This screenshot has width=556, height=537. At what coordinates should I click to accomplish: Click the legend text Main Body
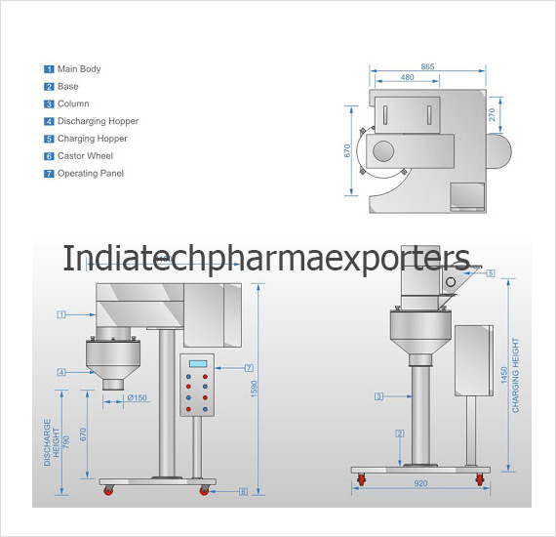tap(79, 69)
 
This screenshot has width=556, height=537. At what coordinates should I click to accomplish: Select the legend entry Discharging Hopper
tap(98, 121)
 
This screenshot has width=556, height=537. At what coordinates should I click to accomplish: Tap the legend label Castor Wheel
tap(85, 156)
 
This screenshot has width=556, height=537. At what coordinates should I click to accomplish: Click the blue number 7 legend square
tap(49, 174)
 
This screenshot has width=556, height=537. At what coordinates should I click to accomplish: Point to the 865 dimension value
tap(427, 66)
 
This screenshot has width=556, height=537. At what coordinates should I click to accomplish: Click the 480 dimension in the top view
tap(407, 77)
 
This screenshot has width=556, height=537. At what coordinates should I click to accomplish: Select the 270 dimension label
tap(492, 114)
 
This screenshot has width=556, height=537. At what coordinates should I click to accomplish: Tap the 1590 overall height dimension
tap(254, 389)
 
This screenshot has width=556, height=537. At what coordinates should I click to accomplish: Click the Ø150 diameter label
tap(138, 397)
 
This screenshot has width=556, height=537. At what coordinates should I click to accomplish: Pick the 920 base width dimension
tap(420, 483)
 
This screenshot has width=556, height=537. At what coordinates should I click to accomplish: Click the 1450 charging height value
tap(504, 375)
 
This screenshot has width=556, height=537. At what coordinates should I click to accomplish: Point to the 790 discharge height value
tap(66, 442)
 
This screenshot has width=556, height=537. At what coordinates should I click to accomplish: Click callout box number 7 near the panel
tap(249, 368)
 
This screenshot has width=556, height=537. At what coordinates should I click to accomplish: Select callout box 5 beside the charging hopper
tap(491, 273)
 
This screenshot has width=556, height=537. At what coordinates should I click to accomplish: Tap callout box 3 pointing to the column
tap(378, 396)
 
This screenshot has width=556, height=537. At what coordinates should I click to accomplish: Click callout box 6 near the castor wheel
tap(243, 491)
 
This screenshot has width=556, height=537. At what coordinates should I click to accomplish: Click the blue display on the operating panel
tap(198, 364)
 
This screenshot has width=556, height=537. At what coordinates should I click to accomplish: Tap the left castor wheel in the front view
tap(108, 490)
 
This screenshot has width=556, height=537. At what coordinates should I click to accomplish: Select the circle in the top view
tap(383, 150)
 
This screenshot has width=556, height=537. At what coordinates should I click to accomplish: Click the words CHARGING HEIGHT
tap(515, 375)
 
